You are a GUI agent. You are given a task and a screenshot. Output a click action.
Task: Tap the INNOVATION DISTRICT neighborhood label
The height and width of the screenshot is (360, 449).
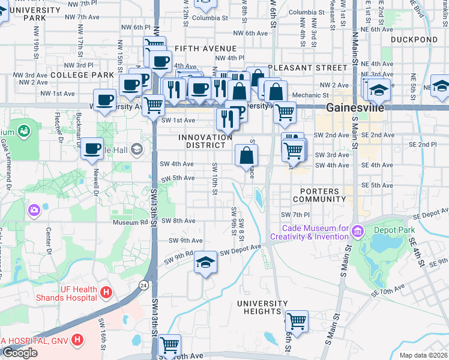point(205,142)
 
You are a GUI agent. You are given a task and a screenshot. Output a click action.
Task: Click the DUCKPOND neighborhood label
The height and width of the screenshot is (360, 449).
point(414,40)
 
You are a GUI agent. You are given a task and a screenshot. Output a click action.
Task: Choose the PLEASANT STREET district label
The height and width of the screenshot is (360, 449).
point(303,68)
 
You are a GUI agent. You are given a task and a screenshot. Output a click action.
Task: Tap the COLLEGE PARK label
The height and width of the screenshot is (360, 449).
point(82,74)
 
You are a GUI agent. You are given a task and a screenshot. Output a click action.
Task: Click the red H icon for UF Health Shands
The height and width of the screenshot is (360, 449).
point(106,292)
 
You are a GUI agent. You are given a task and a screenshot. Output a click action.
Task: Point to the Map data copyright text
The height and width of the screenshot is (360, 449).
point(424,355)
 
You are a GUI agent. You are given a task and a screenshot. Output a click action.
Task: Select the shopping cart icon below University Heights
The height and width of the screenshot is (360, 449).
point(297,322)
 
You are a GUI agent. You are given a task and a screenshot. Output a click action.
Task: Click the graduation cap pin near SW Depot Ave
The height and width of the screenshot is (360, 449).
point(205,262)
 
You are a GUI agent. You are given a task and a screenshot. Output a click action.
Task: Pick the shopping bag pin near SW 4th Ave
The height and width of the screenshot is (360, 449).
point(246,155)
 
